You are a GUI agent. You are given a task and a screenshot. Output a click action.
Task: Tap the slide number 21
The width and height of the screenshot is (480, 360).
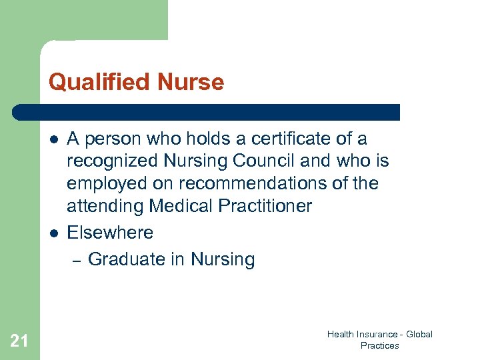coord(19,341)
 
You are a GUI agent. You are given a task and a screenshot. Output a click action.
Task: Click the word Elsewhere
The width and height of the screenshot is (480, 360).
coord(110,233)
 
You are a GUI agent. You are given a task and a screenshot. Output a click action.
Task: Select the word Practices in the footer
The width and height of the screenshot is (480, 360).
coord(379,345)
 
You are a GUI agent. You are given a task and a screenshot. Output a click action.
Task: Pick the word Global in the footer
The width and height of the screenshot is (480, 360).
coord(419,334)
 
